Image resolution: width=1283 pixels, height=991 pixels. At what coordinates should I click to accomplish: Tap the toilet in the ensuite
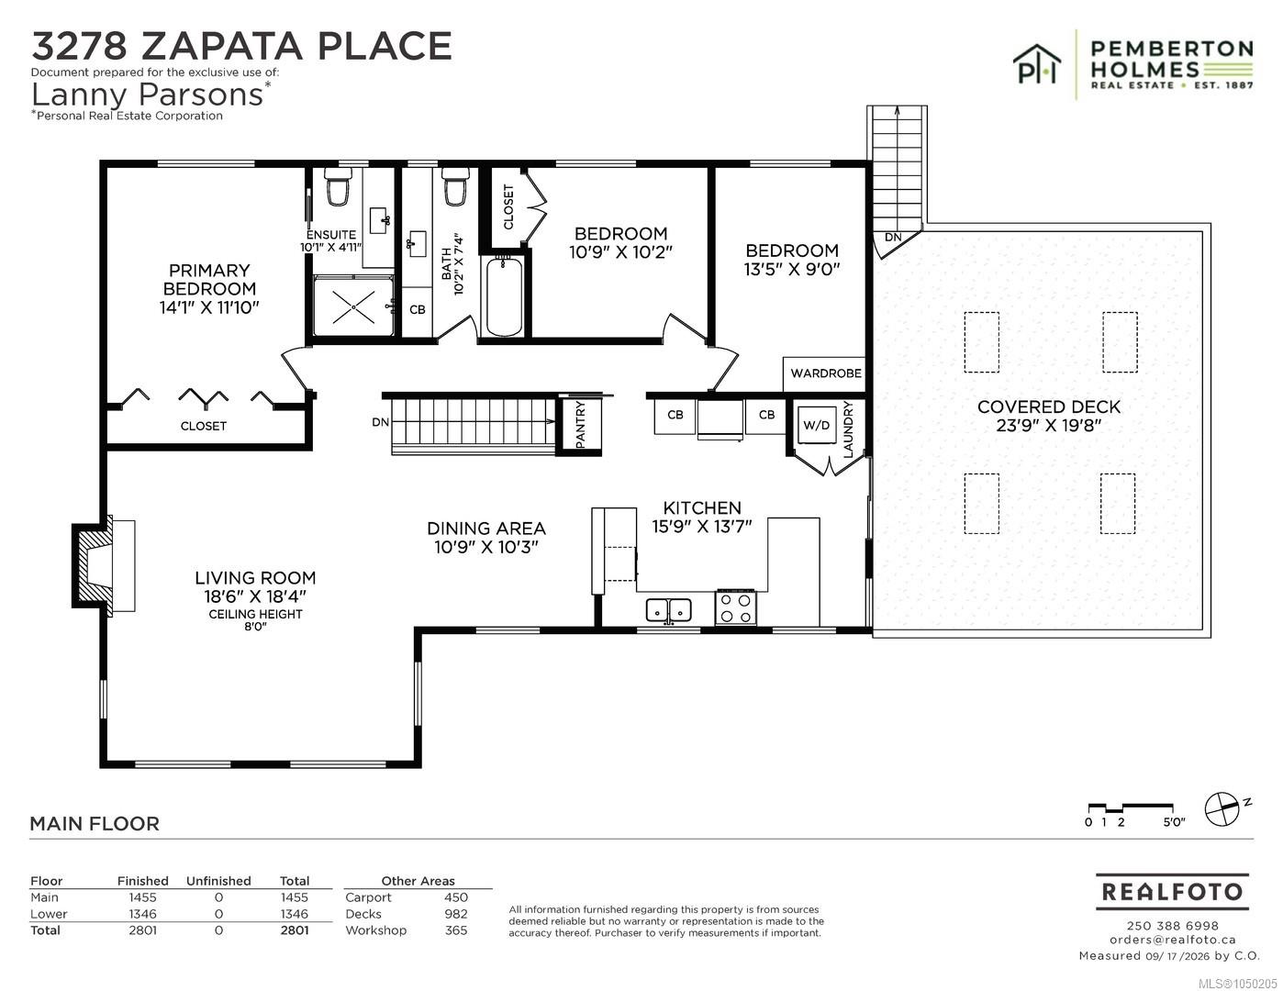click(x=339, y=186)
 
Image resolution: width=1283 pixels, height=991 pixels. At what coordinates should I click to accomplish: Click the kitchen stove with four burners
click(x=736, y=607)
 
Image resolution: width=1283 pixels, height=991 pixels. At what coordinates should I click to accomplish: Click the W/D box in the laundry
click(x=816, y=425)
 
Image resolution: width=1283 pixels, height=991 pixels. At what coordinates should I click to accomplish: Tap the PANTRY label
click(x=580, y=424)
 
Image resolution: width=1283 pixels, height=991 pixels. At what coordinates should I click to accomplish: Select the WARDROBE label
click(x=825, y=373)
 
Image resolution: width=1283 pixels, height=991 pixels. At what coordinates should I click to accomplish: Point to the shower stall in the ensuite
click(x=353, y=306)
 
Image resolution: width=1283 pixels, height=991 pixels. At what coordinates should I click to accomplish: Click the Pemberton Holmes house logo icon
click(x=1037, y=63)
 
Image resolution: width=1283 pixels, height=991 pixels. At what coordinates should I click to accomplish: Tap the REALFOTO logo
click(x=1172, y=892)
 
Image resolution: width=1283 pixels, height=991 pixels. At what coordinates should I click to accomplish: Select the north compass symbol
click(x=1223, y=809)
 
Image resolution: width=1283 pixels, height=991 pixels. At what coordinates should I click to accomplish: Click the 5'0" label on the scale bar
click(x=1175, y=822)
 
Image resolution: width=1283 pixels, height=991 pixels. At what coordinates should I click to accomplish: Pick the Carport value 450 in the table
click(x=456, y=897)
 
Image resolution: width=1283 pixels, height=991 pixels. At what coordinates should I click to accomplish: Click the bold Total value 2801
click(x=294, y=930)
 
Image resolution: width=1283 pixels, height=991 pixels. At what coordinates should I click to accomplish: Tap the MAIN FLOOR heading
click(x=95, y=823)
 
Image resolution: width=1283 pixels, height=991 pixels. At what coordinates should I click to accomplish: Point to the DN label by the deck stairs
click(x=893, y=238)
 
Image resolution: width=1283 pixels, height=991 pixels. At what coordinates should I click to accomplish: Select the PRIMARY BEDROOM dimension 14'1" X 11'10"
click(x=209, y=306)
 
